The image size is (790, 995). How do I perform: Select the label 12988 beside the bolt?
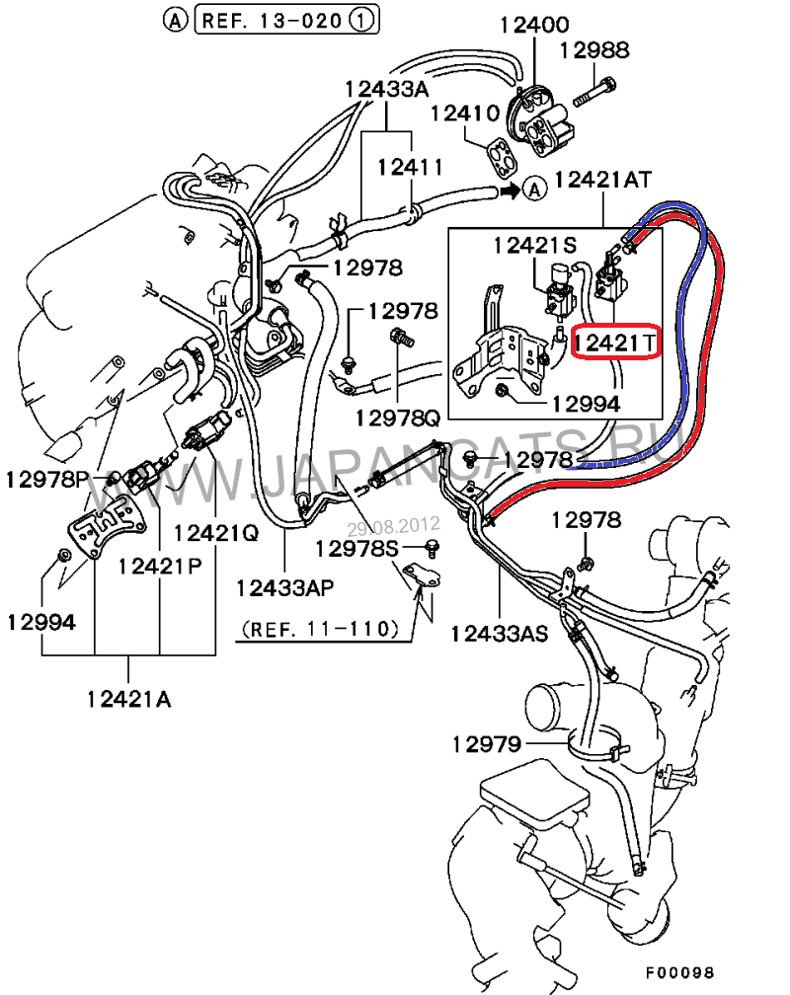(594, 49)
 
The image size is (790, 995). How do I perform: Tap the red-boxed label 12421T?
(616, 343)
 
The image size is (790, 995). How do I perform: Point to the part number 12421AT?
(603, 181)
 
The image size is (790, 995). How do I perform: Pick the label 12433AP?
(284, 587)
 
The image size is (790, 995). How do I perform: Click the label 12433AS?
(499, 632)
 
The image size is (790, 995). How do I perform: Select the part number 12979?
(486, 743)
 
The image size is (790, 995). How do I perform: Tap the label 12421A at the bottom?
(128, 699)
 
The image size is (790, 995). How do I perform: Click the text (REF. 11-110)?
(320, 627)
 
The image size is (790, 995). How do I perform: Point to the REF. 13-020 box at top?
(276, 19)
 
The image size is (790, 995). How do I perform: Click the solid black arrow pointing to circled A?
(508, 189)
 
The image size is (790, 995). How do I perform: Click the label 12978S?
(356, 547)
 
